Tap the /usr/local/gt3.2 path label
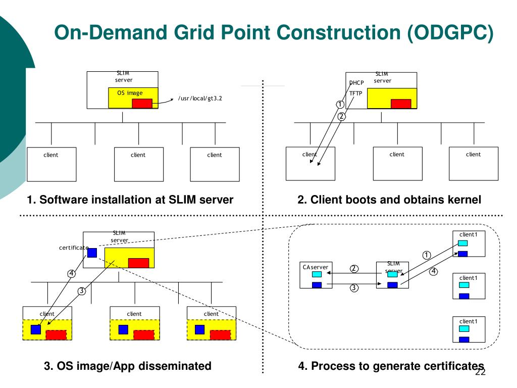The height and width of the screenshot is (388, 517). click(200, 99)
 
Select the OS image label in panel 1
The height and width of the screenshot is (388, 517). click(130, 93)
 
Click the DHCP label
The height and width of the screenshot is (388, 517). click(356, 83)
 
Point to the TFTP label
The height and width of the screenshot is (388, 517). click(356, 93)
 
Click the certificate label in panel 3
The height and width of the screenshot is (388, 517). click(73, 248)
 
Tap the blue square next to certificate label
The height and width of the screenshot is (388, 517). click(92, 253)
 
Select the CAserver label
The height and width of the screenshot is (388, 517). click(316, 267)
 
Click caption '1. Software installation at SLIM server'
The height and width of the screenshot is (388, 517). click(130, 200)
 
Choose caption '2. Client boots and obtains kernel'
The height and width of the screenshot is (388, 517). click(389, 200)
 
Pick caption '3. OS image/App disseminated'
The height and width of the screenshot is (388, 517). click(127, 366)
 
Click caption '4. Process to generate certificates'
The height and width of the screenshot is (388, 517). click(391, 366)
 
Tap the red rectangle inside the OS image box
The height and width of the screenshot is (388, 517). click(142, 103)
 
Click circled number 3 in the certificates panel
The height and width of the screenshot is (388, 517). click(354, 288)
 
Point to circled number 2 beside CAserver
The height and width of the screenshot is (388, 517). click(354, 268)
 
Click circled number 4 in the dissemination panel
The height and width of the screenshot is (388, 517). click(71, 274)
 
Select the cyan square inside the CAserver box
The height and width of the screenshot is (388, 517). click(317, 274)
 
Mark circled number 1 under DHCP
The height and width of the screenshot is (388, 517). click(340, 105)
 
